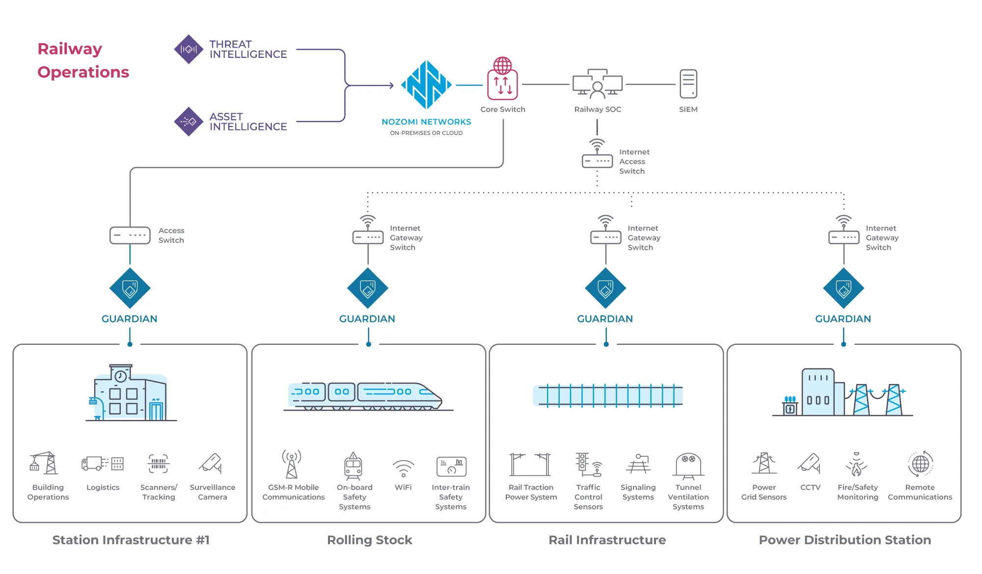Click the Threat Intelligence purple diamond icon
tap(189, 49)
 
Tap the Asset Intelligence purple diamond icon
tap(189, 121)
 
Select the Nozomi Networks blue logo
tap(426, 85)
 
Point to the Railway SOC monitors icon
tap(597, 84)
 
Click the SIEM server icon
tap(688, 84)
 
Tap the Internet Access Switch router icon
tap(597, 156)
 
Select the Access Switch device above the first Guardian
tap(130, 235)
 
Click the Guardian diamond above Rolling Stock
tap(368, 288)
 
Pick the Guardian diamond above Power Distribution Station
tap(844, 288)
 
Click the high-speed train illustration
tap(366, 395)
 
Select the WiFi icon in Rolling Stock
tap(403, 468)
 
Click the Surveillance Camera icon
tap(212, 464)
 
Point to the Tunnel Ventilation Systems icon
tap(688, 465)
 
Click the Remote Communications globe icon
tap(920, 464)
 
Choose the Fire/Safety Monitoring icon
tap(857, 465)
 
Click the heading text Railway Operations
tap(83, 60)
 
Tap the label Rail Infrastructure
tap(607, 540)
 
